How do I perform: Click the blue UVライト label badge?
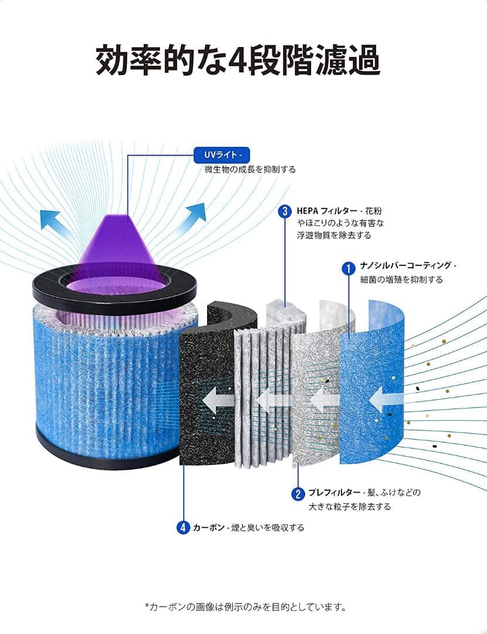coord(221,155)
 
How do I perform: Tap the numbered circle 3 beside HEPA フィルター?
coord(285,211)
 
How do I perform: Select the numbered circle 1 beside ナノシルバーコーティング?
coord(349,268)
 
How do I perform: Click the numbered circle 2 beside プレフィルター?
coord(298,494)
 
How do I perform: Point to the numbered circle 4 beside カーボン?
coord(183,527)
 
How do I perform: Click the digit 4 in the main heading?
coord(238,60)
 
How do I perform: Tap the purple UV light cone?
coord(117,251)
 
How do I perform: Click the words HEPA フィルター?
coord(327,211)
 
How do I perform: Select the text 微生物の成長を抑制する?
coord(250,170)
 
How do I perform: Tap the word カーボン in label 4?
coord(208,528)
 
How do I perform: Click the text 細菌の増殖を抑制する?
coord(401,280)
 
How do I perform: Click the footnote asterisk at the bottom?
coord(147,605)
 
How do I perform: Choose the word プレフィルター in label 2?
coord(334,493)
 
